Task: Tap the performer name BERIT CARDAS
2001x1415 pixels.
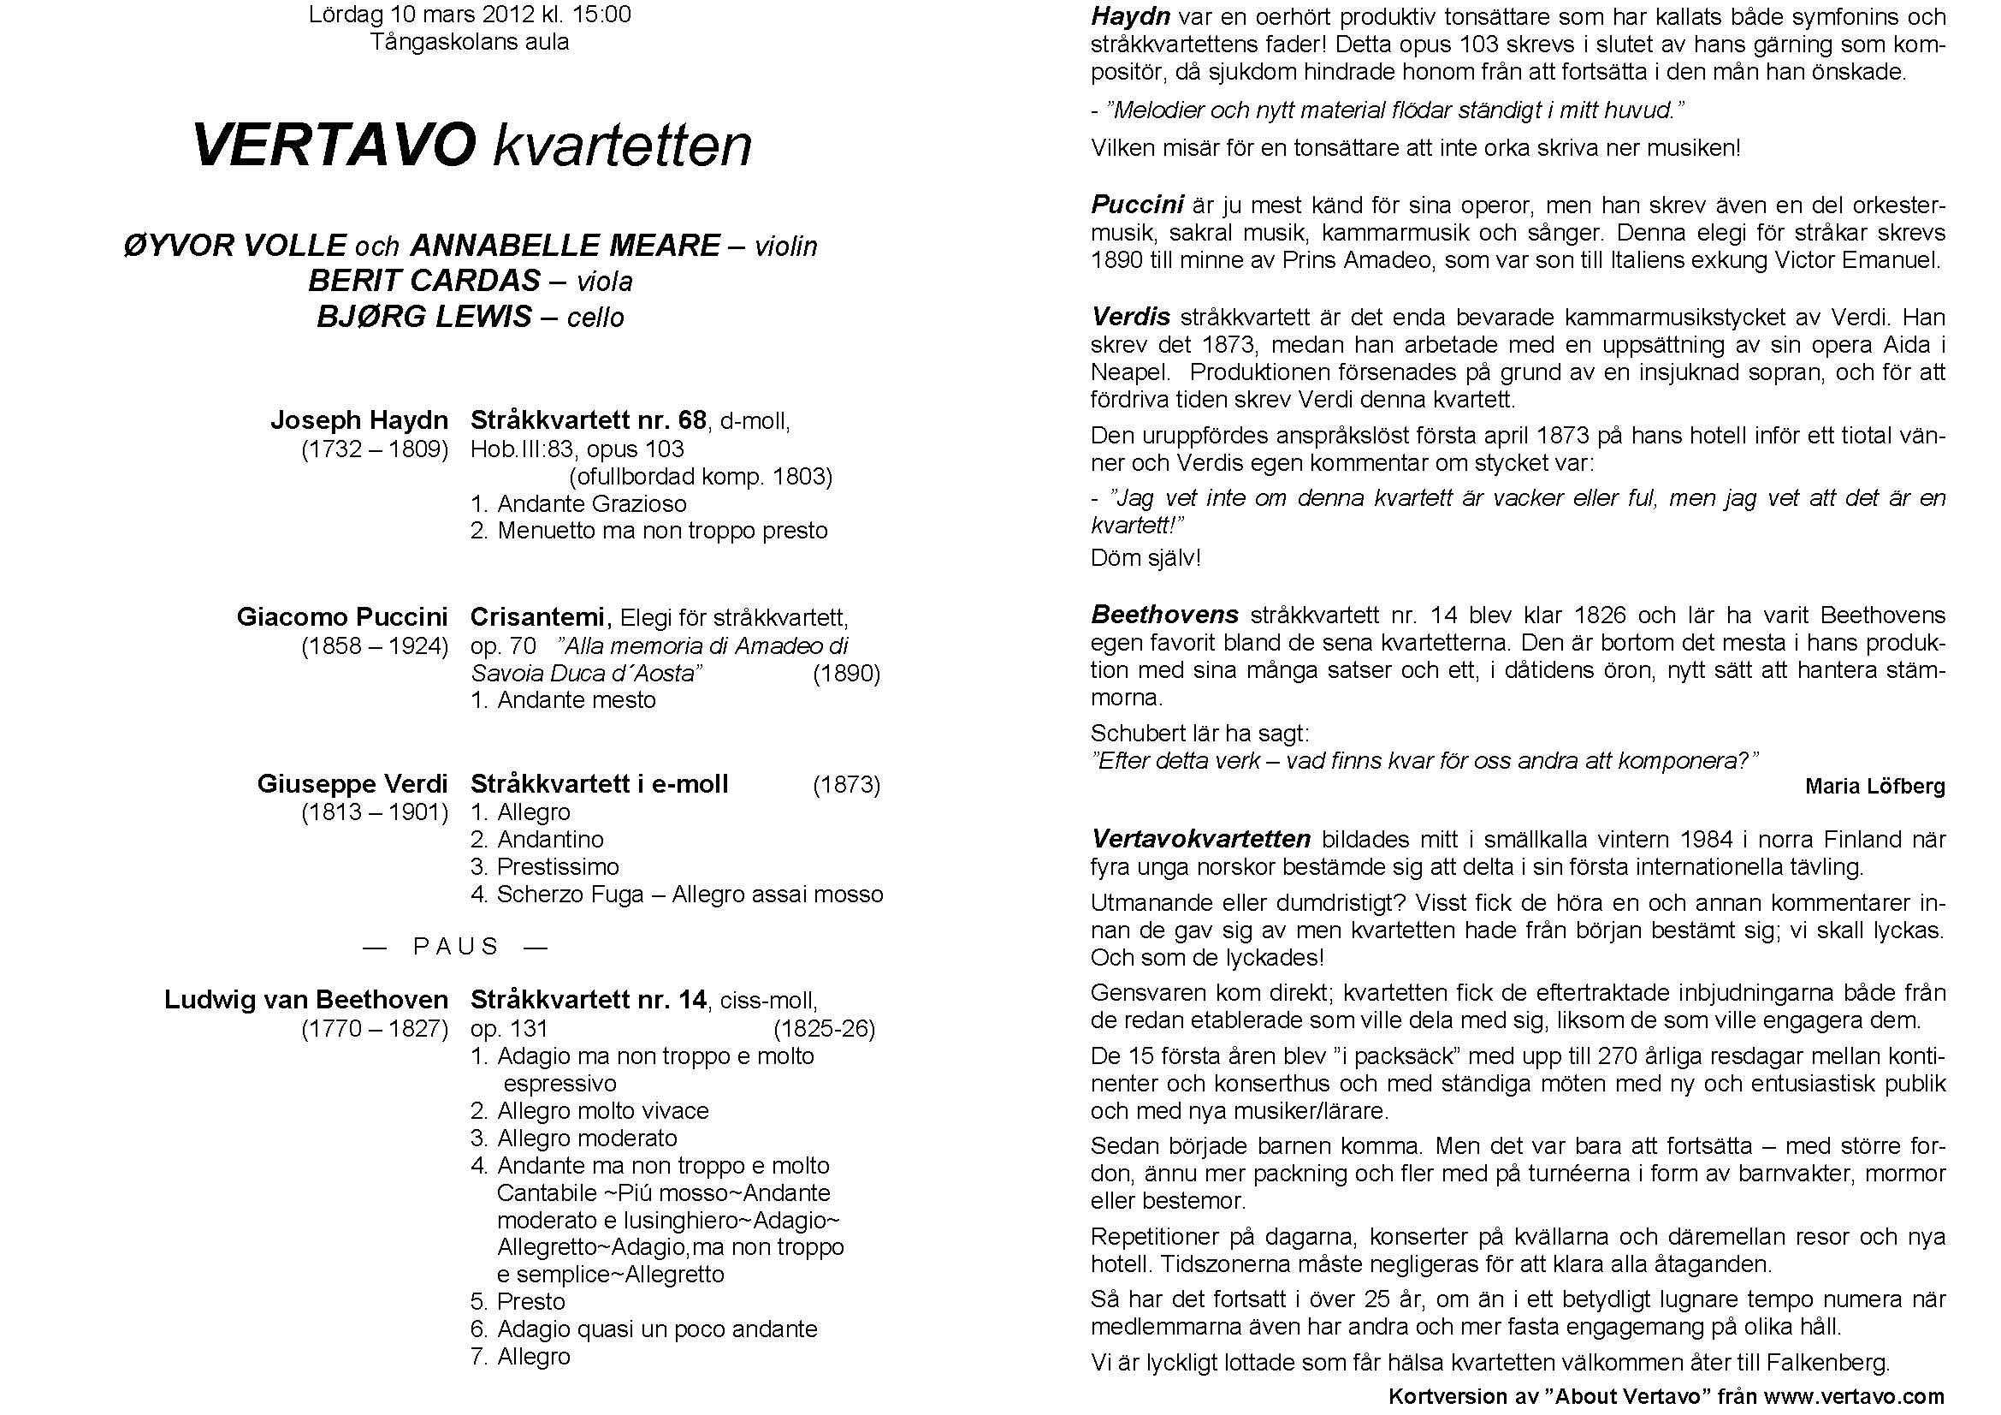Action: point(424,281)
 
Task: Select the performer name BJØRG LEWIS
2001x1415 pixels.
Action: point(424,317)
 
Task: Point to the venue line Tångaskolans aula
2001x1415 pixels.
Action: point(470,42)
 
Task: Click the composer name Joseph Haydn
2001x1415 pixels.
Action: point(359,420)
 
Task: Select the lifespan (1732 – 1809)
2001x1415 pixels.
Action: point(375,450)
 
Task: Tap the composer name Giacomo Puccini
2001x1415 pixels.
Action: point(341,617)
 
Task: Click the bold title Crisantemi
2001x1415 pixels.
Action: point(538,617)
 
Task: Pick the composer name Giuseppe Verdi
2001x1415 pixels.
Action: point(352,784)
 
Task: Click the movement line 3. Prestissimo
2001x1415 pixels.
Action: point(545,866)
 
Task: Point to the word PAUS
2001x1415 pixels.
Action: point(456,947)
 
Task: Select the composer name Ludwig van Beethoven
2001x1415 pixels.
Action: point(306,999)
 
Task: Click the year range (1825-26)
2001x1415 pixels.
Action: point(824,1029)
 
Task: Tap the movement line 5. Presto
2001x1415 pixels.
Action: point(518,1302)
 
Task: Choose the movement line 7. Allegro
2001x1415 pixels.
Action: point(520,1357)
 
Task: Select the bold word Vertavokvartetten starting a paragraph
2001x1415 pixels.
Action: point(1200,840)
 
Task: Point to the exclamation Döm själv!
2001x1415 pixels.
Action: point(1146,558)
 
